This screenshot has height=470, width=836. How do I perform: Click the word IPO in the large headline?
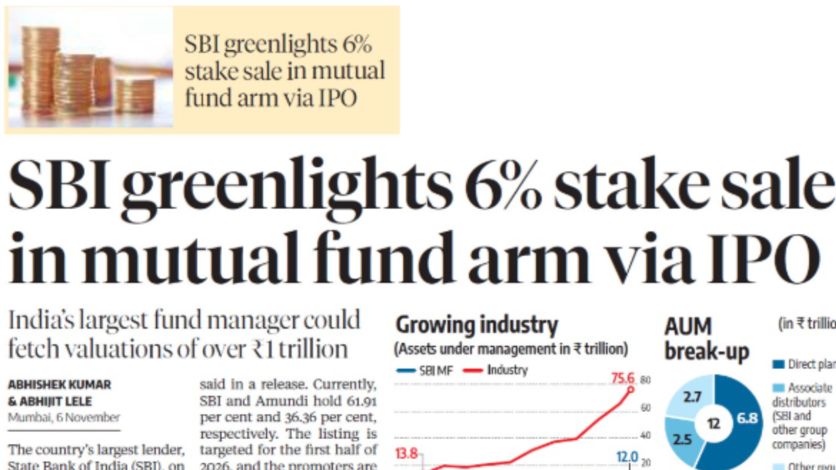point(764,258)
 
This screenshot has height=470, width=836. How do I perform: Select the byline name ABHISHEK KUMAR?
point(60,385)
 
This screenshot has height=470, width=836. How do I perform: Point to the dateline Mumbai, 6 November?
point(64,417)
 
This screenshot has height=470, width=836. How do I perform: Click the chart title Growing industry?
point(477,325)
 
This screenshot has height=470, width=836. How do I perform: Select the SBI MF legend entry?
point(425,371)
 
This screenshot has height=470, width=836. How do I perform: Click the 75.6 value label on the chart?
point(623,378)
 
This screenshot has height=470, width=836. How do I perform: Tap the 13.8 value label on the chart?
point(406,454)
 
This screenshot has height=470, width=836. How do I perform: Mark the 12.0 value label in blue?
point(627,457)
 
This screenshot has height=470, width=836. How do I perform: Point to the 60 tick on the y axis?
point(646,408)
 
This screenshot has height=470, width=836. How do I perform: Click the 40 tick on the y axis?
point(646,435)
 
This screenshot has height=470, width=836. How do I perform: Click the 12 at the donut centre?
point(714,423)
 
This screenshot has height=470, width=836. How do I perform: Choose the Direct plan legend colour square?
point(779,364)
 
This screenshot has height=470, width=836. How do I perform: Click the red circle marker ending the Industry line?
point(630,389)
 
